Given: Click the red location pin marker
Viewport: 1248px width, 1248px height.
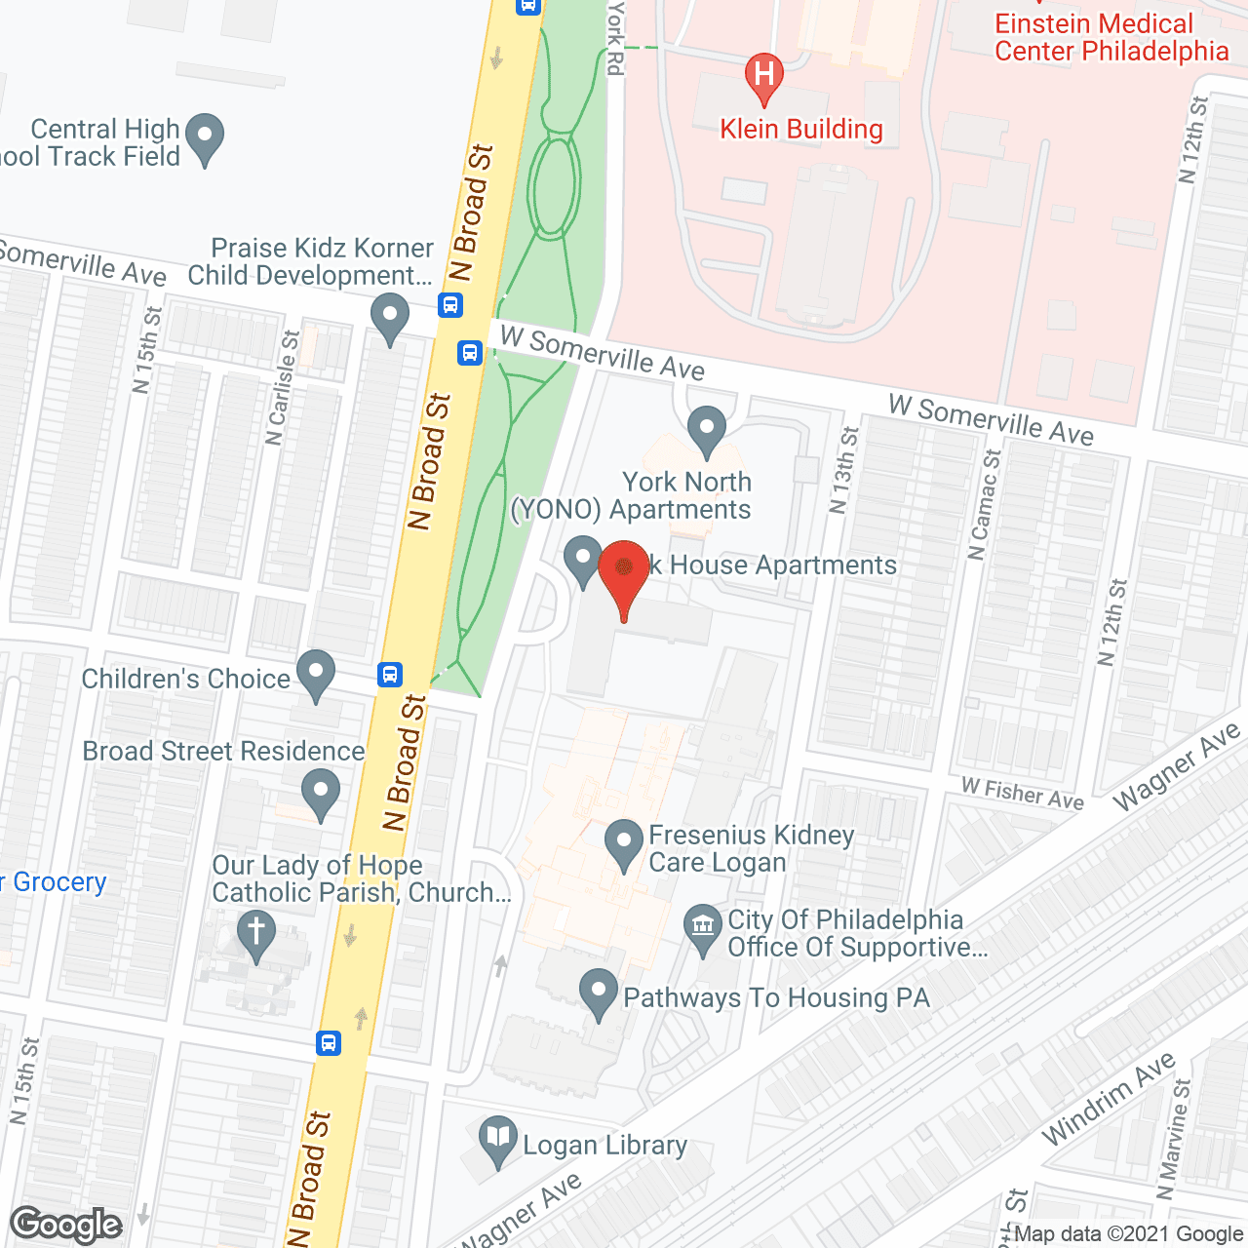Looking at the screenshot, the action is pos(624,575).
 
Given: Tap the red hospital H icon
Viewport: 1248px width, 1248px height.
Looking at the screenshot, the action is pos(764,76).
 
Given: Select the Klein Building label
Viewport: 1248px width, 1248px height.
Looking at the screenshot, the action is pos(800,130).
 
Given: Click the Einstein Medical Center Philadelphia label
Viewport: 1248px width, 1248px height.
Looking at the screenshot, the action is pos(1111,38).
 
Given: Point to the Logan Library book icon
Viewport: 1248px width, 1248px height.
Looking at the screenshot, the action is pos(498,1139).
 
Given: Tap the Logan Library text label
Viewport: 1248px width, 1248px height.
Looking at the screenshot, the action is pos(604,1146).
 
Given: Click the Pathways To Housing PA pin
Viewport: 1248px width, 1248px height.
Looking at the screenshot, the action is pos(599,992).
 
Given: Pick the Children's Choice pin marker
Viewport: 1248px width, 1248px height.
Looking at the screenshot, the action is pos(315,673).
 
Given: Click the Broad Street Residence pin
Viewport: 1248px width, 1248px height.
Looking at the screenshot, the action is pos(321,791).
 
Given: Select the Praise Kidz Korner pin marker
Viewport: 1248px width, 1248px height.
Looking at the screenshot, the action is pos(390,315).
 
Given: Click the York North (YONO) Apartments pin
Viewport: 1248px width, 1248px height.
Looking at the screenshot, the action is pos(707,429).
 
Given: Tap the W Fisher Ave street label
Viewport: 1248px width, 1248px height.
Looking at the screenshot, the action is pos(1022,794).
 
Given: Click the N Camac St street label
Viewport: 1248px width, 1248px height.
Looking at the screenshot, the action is pos(984,504).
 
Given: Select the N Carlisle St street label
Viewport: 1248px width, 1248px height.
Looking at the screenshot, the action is pos(282,388).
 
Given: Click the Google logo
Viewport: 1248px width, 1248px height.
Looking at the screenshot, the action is pos(66,1225).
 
